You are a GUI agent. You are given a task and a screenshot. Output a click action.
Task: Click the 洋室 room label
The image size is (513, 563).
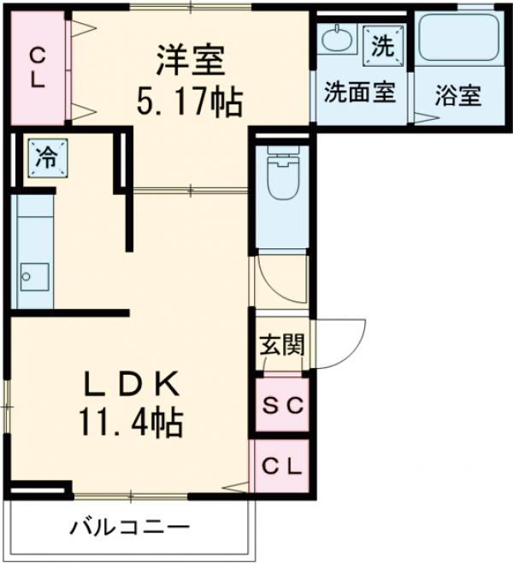coord(190,61)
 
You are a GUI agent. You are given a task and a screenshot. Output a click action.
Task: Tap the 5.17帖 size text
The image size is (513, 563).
coord(190,103)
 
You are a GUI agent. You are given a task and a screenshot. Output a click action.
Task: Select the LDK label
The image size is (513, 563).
coord(131,384)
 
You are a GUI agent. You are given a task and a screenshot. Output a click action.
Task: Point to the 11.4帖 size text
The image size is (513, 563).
coord(131,421)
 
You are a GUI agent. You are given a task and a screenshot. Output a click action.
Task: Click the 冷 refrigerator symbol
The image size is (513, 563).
coord(46,157)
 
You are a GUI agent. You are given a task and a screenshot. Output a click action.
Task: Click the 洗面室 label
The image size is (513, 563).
coord(360,92)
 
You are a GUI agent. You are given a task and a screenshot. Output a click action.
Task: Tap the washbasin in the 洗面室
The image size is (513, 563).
coord(339,39)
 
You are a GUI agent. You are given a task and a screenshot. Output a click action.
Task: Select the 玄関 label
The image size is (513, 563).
coord(281,346)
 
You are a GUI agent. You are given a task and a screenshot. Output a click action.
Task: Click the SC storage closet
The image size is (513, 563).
coord(281,406)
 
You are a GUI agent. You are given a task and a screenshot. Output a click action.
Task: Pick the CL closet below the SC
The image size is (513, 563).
coord(281,466)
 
